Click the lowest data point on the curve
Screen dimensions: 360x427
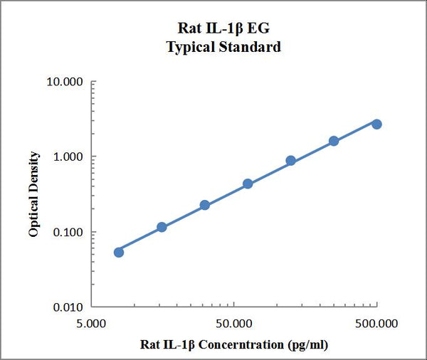pos(119,252)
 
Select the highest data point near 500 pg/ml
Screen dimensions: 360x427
pos(376,124)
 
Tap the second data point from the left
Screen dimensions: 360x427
pos(162,227)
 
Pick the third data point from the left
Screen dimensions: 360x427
pos(205,205)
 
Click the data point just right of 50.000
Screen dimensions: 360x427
pos(248,184)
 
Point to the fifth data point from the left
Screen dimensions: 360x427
pos(291,161)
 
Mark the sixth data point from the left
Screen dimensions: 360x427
pos(334,141)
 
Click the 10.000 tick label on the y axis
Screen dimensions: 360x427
pos(65,82)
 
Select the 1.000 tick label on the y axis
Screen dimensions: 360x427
pos(68,157)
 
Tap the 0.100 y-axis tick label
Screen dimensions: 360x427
pos(68,233)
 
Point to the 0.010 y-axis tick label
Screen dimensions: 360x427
pos(68,308)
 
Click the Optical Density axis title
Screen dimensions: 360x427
pos(33,194)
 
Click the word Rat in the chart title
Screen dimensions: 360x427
pos(187,30)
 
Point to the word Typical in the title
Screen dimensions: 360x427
pos(189,47)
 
